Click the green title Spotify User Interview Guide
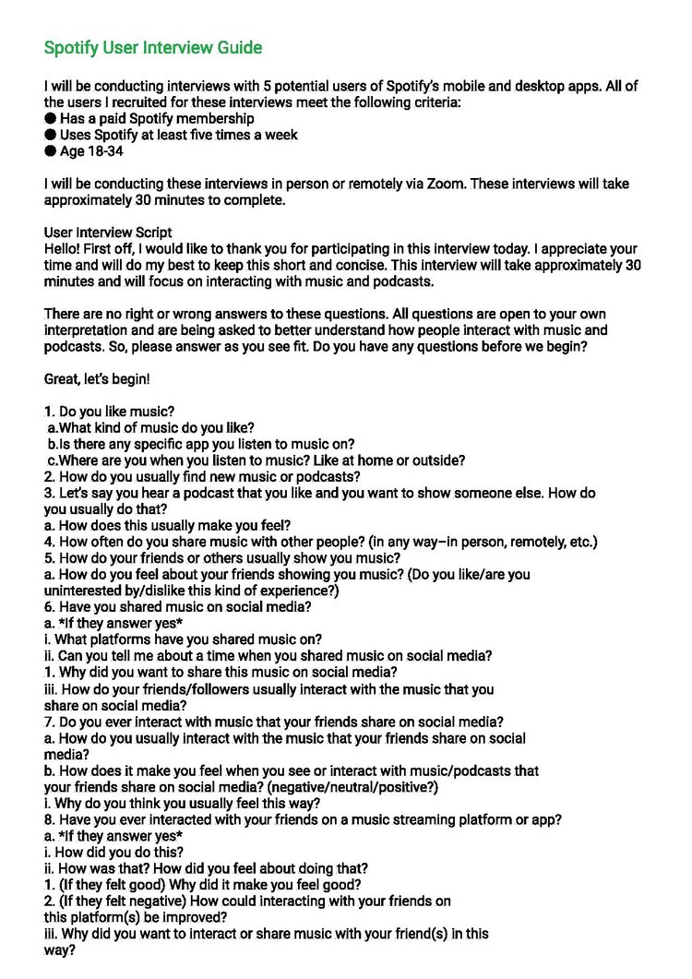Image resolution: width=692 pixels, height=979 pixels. coord(153,48)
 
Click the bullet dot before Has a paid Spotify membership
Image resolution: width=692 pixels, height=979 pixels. coord(50,119)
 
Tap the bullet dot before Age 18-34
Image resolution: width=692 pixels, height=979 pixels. coord(50,151)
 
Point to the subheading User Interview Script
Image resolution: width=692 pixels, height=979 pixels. coord(107,233)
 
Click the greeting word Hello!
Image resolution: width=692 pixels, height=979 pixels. coord(64,249)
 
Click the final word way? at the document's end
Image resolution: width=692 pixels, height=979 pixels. coord(60,949)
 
